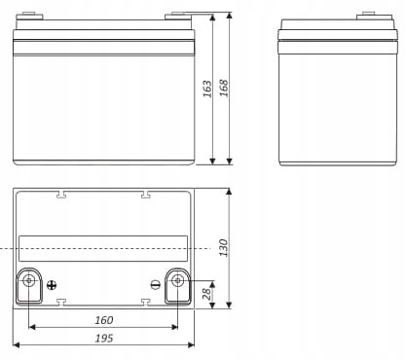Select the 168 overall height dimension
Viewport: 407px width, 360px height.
click(x=222, y=89)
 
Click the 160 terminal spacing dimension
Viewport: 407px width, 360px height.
click(x=103, y=320)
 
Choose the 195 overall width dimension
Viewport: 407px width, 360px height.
click(x=103, y=338)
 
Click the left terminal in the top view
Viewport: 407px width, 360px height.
click(x=29, y=283)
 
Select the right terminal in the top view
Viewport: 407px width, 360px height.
click(x=178, y=283)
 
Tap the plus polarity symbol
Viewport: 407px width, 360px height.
click(x=54, y=284)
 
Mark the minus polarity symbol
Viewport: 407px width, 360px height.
click(x=155, y=284)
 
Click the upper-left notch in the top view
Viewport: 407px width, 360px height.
click(x=61, y=194)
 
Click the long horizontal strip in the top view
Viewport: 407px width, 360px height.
click(x=103, y=247)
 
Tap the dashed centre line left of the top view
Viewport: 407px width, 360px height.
click(x=8, y=250)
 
